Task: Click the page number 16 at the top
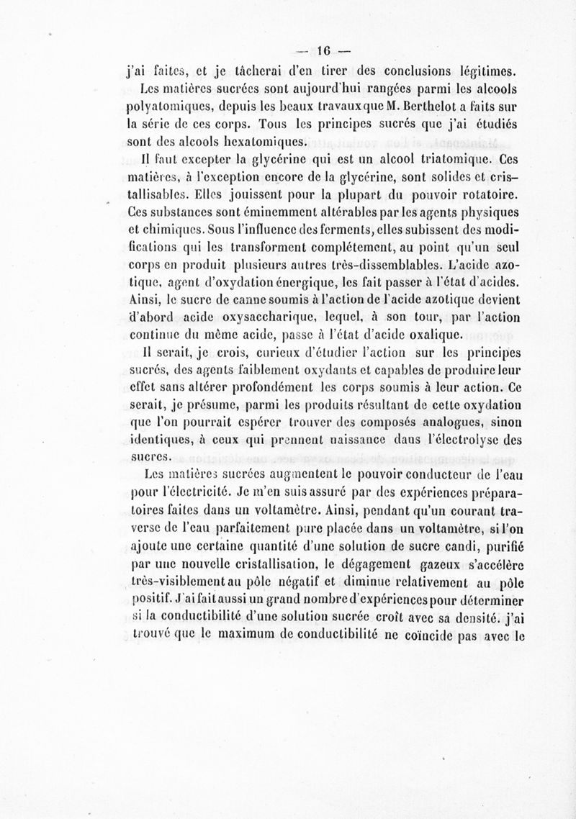click(322, 51)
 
